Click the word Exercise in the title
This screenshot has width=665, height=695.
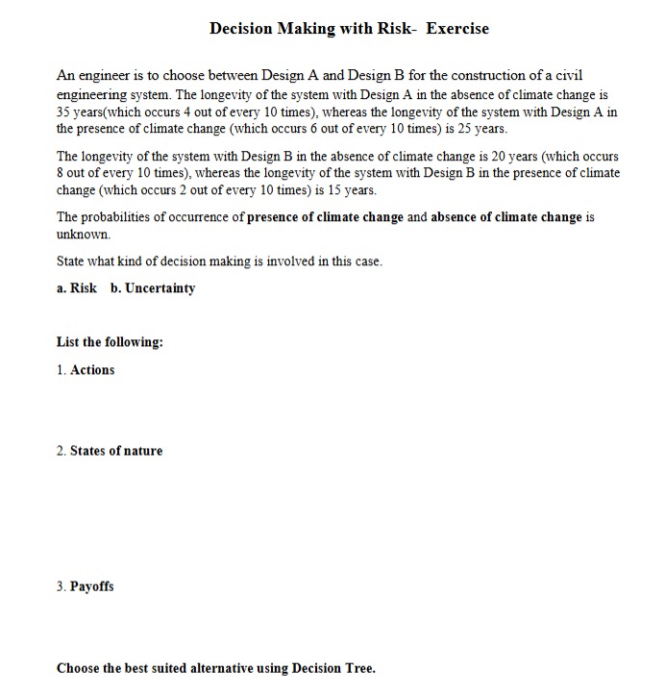pyautogui.click(x=457, y=29)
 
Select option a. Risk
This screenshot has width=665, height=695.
pyautogui.click(x=77, y=288)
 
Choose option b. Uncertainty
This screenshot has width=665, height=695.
pyautogui.click(x=153, y=288)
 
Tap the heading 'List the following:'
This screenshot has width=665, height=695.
pyautogui.click(x=110, y=342)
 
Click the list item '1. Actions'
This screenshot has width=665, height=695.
pyautogui.click(x=86, y=370)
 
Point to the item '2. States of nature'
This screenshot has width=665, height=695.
pyautogui.click(x=110, y=451)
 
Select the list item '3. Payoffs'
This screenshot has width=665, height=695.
pyautogui.click(x=86, y=586)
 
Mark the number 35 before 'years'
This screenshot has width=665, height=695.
pyautogui.click(x=65, y=112)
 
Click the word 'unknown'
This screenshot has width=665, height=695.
pyautogui.click(x=83, y=234)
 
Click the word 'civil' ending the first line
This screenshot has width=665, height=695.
pyautogui.click(x=567, y=75)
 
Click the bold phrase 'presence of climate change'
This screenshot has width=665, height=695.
pyautogui.click(x=325, y=217)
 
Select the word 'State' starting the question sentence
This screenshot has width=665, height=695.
pyautogui.click(x=72, y=261)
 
